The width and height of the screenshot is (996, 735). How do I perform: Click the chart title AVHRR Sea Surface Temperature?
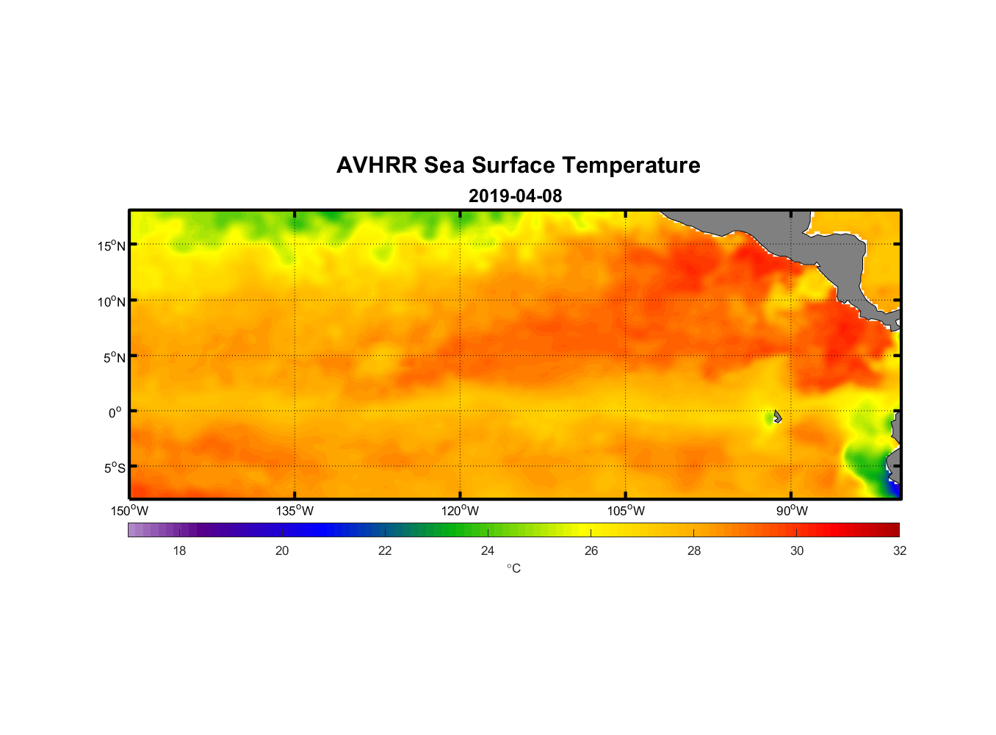(x=518, y=165)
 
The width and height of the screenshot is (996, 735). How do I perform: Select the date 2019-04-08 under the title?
(x=515, y=196)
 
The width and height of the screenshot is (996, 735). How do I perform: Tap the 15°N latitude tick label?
(x=112, y=245)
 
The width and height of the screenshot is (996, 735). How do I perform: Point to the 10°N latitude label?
(x=112, y=301)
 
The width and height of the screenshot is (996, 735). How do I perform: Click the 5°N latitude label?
(x=114, y=357)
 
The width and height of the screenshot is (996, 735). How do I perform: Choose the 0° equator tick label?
(x=115, y=413)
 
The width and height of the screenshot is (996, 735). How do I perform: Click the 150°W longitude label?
(x=130, y=511)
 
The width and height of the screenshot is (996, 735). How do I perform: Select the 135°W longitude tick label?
(x=295, y=511)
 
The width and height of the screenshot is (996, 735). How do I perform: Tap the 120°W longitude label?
(x=461, y=511)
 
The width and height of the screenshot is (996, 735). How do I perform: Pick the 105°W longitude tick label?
(x=626, y=511)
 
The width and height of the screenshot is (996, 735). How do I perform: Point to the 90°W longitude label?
(x=793, y=511)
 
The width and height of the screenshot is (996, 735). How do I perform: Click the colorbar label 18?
(x=179, y=551)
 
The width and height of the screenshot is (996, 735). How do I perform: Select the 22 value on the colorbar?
(x=385, y=551)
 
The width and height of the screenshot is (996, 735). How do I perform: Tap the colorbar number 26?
(x=591, y=551)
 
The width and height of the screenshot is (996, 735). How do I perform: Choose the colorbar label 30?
(x=797, y=551)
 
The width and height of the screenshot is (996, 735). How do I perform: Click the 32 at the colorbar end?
(x=900, y=551)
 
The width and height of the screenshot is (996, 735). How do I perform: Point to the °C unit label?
(x=513, y=569)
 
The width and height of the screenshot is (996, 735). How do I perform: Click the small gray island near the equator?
(x=777, y=416)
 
